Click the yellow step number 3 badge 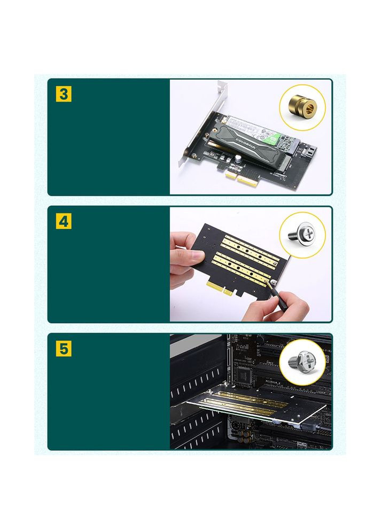pos(64,95)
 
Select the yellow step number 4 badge pos(64,222)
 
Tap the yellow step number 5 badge pos(64,349)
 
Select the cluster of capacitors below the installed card pos(243,435)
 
